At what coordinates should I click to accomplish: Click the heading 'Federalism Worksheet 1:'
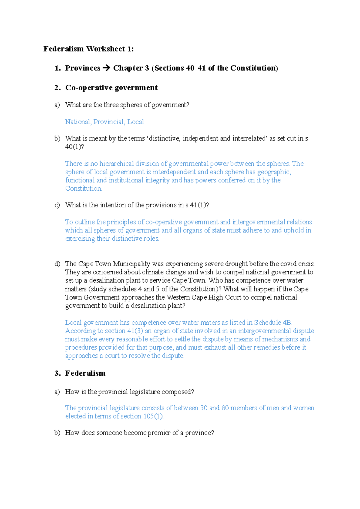pyautogui.click(x=88, y=49)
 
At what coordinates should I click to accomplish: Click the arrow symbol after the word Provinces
pyautogui.click(x=106, y=68)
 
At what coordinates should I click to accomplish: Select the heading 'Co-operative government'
pyautogui.click(x=111, y=88)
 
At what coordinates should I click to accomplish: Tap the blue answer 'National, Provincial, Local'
pyautogui.click(x=104, y=122)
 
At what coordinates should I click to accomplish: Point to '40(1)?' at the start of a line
pyautogui.click(x=74, y=147)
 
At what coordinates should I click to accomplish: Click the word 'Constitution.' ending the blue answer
pyautogui.click(x=83, y=189)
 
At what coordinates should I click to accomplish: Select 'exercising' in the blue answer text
pyautogui.click(x=80, y=239)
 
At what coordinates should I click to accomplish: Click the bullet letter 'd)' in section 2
pyautogui.click(x=57, y=264)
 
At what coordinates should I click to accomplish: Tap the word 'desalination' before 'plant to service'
pyautogui.click(x=106, y=281)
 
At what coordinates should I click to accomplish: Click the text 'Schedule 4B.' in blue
pyautogui.click(x=273, y=323)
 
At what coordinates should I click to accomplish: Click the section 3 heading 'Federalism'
pyautogui.click(x=85, y=373)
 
